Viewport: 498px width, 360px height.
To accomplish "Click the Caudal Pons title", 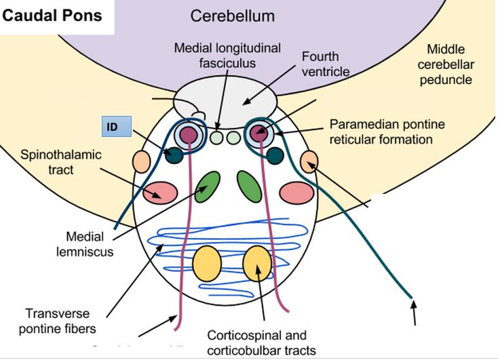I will click(x=52, y=16).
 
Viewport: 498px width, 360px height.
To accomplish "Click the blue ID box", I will click(x=116, y=126).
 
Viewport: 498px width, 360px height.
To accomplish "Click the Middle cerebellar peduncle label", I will click(x=454, y=64).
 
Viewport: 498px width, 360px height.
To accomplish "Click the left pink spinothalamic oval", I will click(x=160, y=193).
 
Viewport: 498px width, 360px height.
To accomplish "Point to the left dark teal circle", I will click(x=174, y=155).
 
